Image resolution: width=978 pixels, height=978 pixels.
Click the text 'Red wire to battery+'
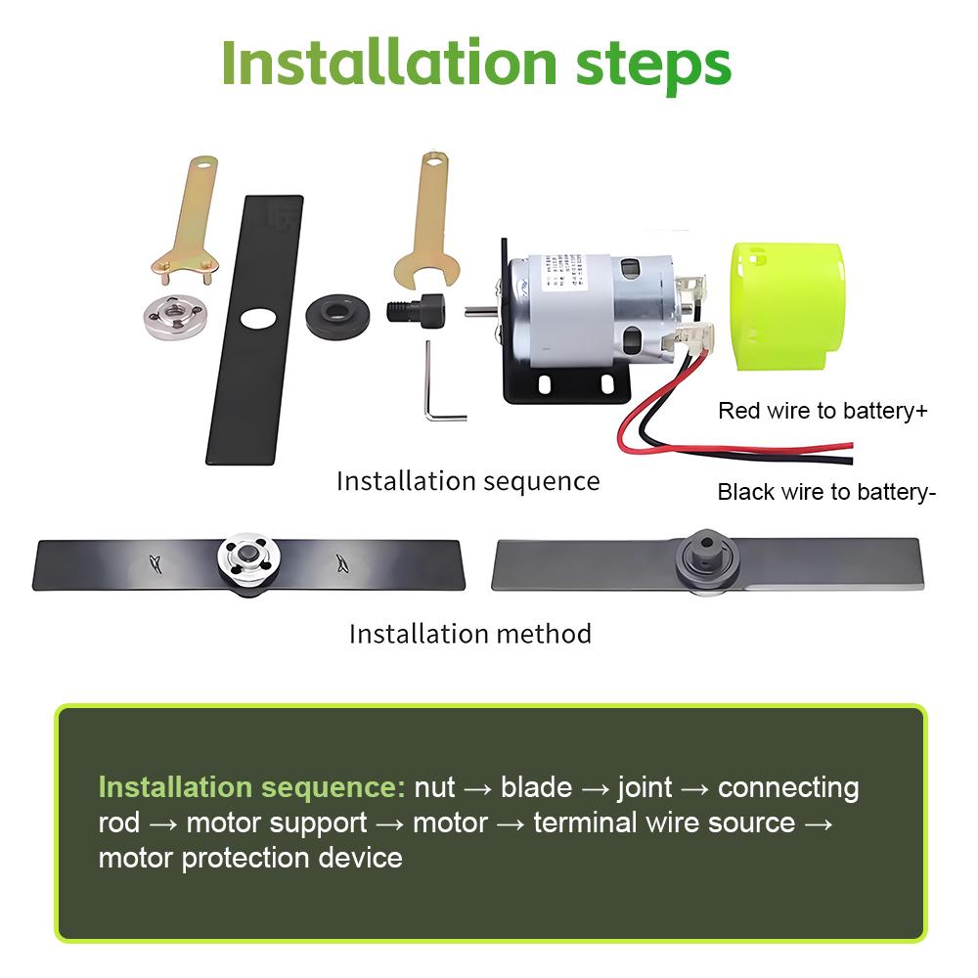coord(822,411)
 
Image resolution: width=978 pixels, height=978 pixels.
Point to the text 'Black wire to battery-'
coord(826,492)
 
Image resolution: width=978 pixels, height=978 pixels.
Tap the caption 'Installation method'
coord(470,634)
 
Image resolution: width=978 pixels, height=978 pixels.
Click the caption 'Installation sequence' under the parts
coord(467,481)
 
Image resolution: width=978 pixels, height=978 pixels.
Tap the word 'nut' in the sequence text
coord(434,787)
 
